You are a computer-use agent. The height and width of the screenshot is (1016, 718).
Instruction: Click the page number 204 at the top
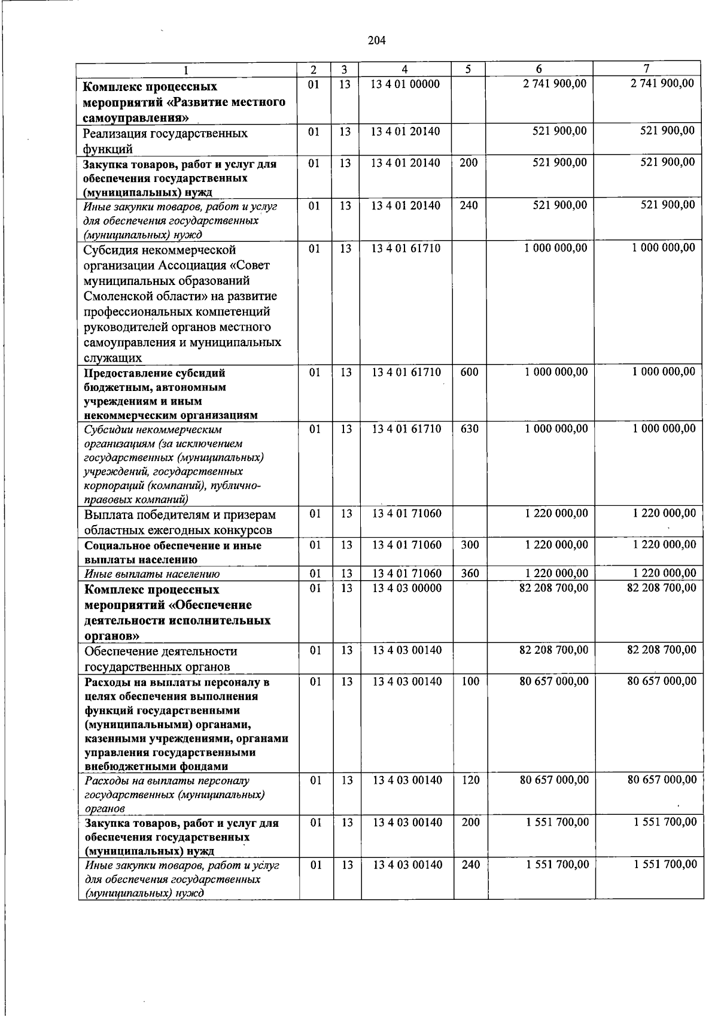[376, 41]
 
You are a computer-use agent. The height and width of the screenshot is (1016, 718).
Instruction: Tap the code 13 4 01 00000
[405, 84]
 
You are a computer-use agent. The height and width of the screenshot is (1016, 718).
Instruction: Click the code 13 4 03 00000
[407, 589]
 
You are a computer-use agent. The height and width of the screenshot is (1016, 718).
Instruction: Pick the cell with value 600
[469, 372]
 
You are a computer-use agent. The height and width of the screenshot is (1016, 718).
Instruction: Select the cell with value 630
[469, 429]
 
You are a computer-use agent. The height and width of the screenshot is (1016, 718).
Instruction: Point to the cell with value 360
[470, 574]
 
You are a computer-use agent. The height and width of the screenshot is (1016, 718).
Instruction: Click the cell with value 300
[470, 545]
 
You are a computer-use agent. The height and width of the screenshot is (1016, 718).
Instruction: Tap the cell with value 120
[470, 780]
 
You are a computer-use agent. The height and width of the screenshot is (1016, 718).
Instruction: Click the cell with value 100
[470, 681]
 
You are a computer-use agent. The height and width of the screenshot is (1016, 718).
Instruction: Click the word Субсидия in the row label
[109, 250]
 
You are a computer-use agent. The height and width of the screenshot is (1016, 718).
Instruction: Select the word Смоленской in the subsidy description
[115, 296]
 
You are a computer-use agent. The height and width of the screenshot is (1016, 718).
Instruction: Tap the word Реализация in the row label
[114, 134]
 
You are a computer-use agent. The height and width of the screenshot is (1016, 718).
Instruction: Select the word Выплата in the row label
[107, 515]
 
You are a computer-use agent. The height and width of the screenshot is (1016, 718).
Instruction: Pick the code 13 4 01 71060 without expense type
[407, 514]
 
